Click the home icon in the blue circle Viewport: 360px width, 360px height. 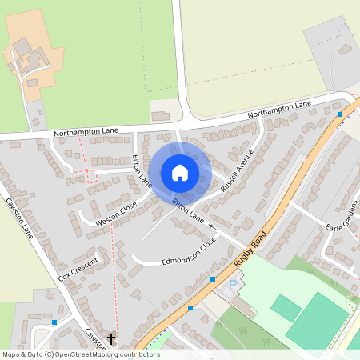tap(180, 172)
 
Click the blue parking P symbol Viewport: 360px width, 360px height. tap(234, 285)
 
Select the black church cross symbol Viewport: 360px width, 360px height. tap(110, 339)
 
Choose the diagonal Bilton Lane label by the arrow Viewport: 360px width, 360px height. tap(189, 211)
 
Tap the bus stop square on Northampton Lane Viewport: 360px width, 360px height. tap(340, 114)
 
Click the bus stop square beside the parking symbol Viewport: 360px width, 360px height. tap(212, 278)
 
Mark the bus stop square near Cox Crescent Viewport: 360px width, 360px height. tap(54, 322)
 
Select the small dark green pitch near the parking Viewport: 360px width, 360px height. tap(286, 308)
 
